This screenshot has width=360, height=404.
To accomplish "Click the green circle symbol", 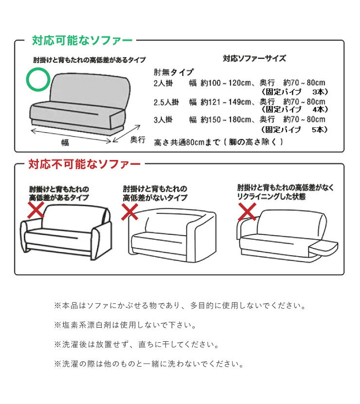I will [x=37, y=79].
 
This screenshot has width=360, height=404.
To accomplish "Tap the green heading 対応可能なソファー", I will [x=82, y=40].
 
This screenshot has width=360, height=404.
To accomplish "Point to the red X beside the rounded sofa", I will [x=129, y=211].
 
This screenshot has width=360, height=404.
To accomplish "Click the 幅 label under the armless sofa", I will [x=65, y=142].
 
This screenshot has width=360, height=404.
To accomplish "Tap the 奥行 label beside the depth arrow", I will [x=138, y=140].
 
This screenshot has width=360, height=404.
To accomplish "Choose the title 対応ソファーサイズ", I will [x=254, y=58].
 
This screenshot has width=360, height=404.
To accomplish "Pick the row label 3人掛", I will [x=163, y=120].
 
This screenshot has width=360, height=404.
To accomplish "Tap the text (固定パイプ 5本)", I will [x=295, y=130].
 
